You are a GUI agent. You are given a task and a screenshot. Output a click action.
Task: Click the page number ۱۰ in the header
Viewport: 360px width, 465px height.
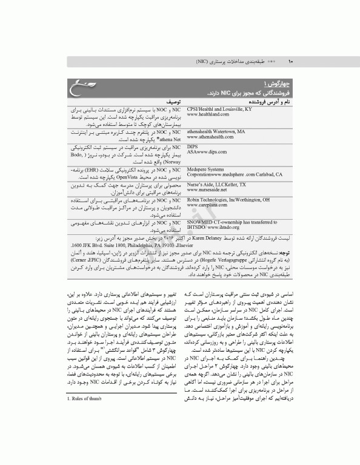coord(290,61)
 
